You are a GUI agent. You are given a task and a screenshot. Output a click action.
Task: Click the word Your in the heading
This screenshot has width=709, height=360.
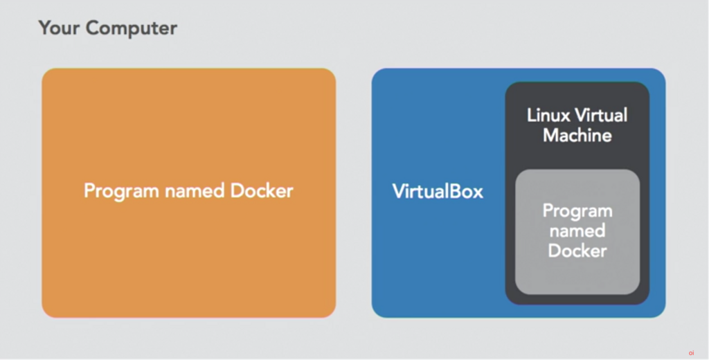coord(59,28)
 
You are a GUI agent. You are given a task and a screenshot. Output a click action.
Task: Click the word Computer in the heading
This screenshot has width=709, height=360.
coord(132,28)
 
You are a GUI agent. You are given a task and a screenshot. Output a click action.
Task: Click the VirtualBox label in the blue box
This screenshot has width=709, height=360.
coord(438,191)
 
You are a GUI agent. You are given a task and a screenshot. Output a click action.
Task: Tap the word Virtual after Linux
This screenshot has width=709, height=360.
coord(603,115)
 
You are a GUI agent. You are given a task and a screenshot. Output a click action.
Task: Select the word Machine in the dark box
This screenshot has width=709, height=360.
coord(577,135)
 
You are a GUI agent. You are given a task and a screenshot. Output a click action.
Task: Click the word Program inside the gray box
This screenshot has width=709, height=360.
coord(577,210)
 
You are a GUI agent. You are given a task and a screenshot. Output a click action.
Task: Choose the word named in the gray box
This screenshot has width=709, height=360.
coord(577,231)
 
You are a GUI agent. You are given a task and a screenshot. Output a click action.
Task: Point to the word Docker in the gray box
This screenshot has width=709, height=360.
coord(577,251)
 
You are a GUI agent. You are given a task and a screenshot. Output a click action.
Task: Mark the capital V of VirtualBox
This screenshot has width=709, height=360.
coord(398,191)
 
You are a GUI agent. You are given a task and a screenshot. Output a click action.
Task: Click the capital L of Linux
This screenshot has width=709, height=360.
coord(531,115)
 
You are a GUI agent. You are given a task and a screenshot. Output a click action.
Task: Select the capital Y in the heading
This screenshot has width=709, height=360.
coord(44,28)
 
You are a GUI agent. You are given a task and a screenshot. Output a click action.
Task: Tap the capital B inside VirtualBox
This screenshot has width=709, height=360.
coord(454,191)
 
